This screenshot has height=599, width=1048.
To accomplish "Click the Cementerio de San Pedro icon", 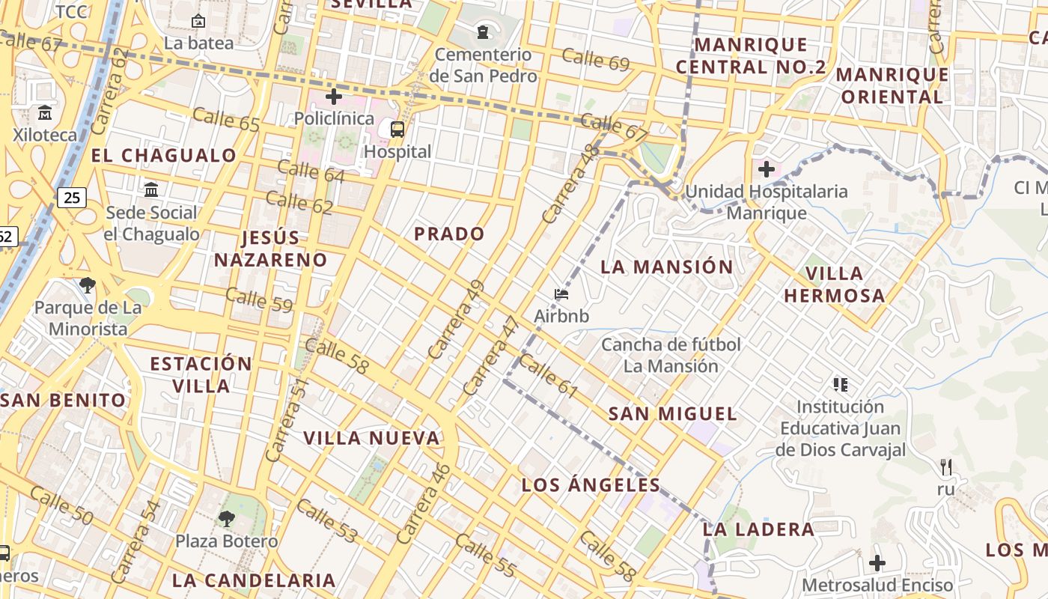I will [483, 32].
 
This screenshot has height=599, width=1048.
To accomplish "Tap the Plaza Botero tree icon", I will [226, 518].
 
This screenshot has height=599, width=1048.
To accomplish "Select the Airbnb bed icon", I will [561, 294].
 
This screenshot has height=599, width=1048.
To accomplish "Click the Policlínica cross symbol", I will [334, 96].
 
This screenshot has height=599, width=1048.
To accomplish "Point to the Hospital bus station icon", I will [397, 129].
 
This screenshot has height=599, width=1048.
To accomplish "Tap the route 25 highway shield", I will [72, 198].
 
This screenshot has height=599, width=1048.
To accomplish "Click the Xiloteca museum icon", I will [45, 113].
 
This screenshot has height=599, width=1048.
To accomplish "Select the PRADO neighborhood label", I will [449, 234].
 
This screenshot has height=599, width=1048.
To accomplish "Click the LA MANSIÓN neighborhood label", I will [667, 267].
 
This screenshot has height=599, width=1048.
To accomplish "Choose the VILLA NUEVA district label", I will [371, 438].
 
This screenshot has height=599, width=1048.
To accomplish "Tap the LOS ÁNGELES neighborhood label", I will [591, 484].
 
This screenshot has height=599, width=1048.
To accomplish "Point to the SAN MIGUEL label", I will [672, 413].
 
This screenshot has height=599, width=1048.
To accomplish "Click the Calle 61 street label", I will [548, 375].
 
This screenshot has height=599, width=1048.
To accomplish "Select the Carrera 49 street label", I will [456, 319].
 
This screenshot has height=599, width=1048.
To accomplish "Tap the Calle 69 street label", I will [595, 58].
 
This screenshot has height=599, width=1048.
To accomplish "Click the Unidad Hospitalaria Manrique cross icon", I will [766, 168].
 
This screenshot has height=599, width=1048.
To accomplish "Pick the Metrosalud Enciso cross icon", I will [877, 562].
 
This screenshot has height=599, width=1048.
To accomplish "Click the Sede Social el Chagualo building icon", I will [151, 189].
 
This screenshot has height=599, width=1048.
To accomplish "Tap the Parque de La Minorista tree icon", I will [88, 285].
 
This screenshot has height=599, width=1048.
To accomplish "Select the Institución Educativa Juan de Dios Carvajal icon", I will [840, 385].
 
